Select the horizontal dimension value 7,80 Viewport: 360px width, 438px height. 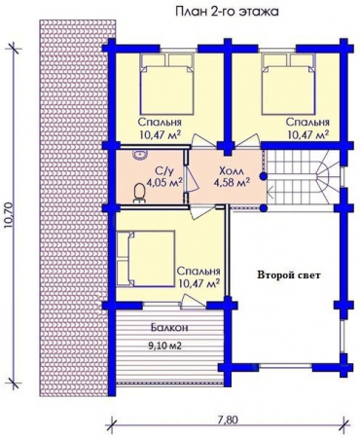[x=227, y=420]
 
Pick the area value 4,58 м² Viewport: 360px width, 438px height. [x=232, y=180]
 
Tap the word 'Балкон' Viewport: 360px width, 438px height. [x=168, y=329]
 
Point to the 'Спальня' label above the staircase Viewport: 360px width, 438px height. [x=306, y=123]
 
